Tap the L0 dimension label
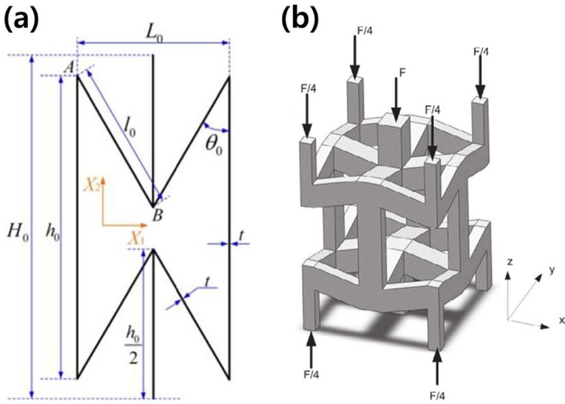[x=155, y=33]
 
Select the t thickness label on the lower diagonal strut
[x=207, y=282]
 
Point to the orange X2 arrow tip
[x=102, y=177]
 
